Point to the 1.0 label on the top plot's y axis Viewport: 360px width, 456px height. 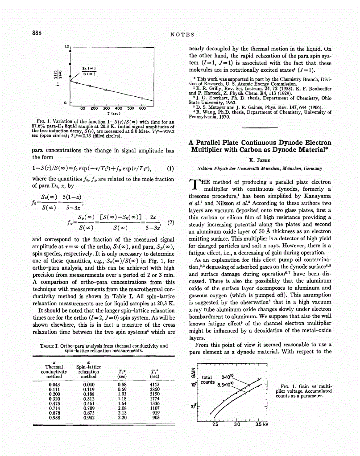(x=66, y=46)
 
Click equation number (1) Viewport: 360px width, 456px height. (x=170, y=169)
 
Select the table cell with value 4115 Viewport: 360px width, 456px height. (x=155, y=384)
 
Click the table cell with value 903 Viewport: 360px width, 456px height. (x=156, y=418)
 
